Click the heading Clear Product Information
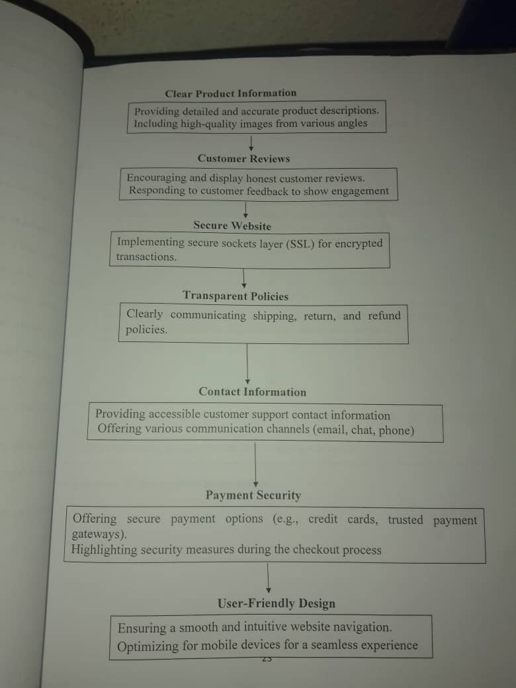click(231, 93)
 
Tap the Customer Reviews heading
click(243, 159)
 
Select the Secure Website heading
click(232, 226)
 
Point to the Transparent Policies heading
click(236, 296)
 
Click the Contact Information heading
click(252, 392)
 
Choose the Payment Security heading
click(253, 495)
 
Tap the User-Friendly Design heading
click(276, 603)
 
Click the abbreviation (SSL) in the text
click(300, 243)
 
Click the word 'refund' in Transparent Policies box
click(384, 316)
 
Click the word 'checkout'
click(316, 550)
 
